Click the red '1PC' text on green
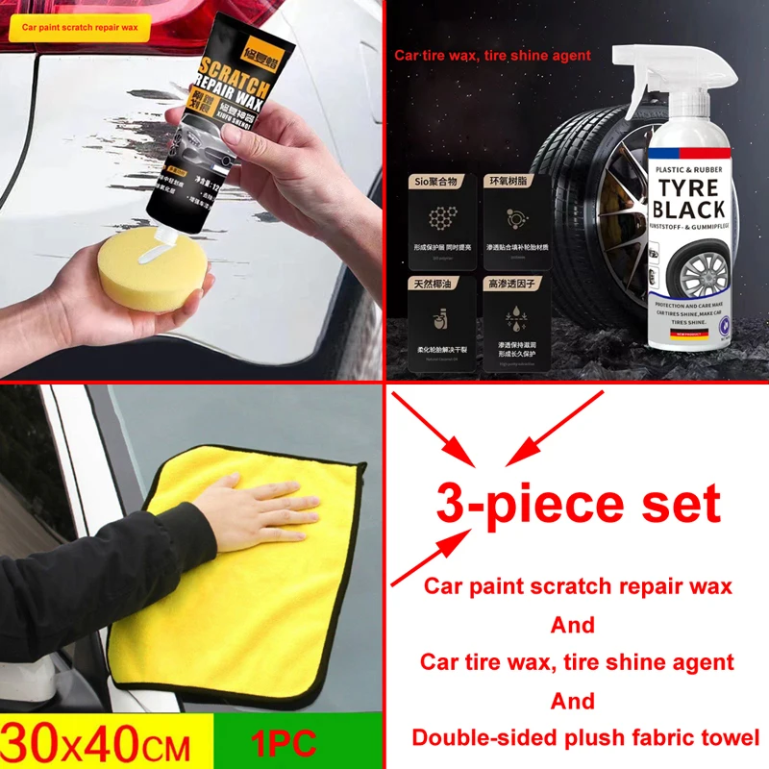283,744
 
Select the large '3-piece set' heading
578,504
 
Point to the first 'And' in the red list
573,625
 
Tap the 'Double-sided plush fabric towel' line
586,738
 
